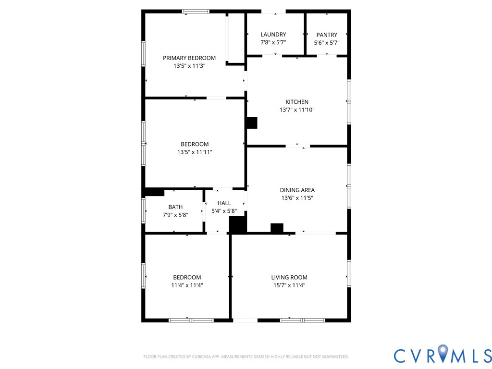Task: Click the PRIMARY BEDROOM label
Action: (x=189, y=58)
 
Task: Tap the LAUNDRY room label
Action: (x=273, y=35)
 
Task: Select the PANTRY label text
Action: (x=327, y=35)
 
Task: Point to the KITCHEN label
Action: (x=297, y=102)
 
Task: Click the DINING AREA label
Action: (x=297, y=190)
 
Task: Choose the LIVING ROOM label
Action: (x=289, y=277)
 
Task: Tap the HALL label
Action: (x=224, y=203)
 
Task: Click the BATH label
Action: (x=175, y=207)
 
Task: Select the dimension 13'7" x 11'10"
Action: (x=297, y=110)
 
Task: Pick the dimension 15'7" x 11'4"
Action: (x=289, y=285)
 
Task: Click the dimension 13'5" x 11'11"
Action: (x=195, y=152)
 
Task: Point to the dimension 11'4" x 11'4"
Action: (x=187, y=285)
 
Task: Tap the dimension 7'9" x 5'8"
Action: (x=175, y=215)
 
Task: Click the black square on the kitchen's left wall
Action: (x=252, y=123)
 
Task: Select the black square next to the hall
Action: (x=238, y=225)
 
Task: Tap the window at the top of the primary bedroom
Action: (x=196, y=12)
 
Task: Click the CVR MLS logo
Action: (x=443, y=356)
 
